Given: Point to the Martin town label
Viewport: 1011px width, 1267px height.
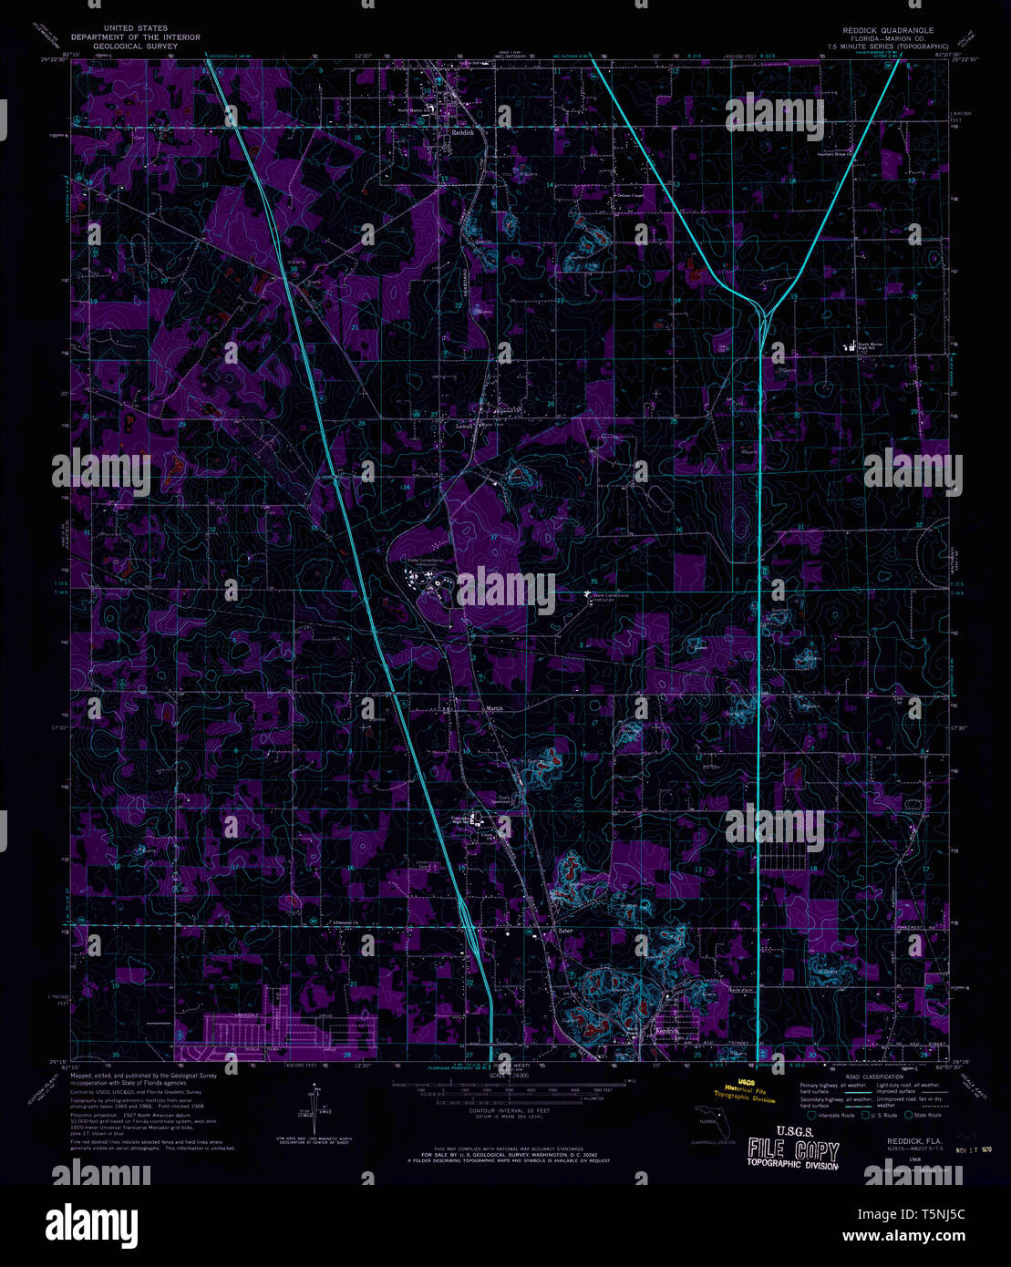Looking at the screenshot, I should point(493,707).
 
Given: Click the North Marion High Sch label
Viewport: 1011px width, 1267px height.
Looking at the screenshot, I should point(870,345).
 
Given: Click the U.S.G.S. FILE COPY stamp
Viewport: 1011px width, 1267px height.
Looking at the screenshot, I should point(792,1151).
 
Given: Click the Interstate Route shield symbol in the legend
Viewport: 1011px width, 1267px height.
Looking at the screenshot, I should point(810,1115).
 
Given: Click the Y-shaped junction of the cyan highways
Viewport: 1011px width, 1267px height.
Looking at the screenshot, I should point(762,312).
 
